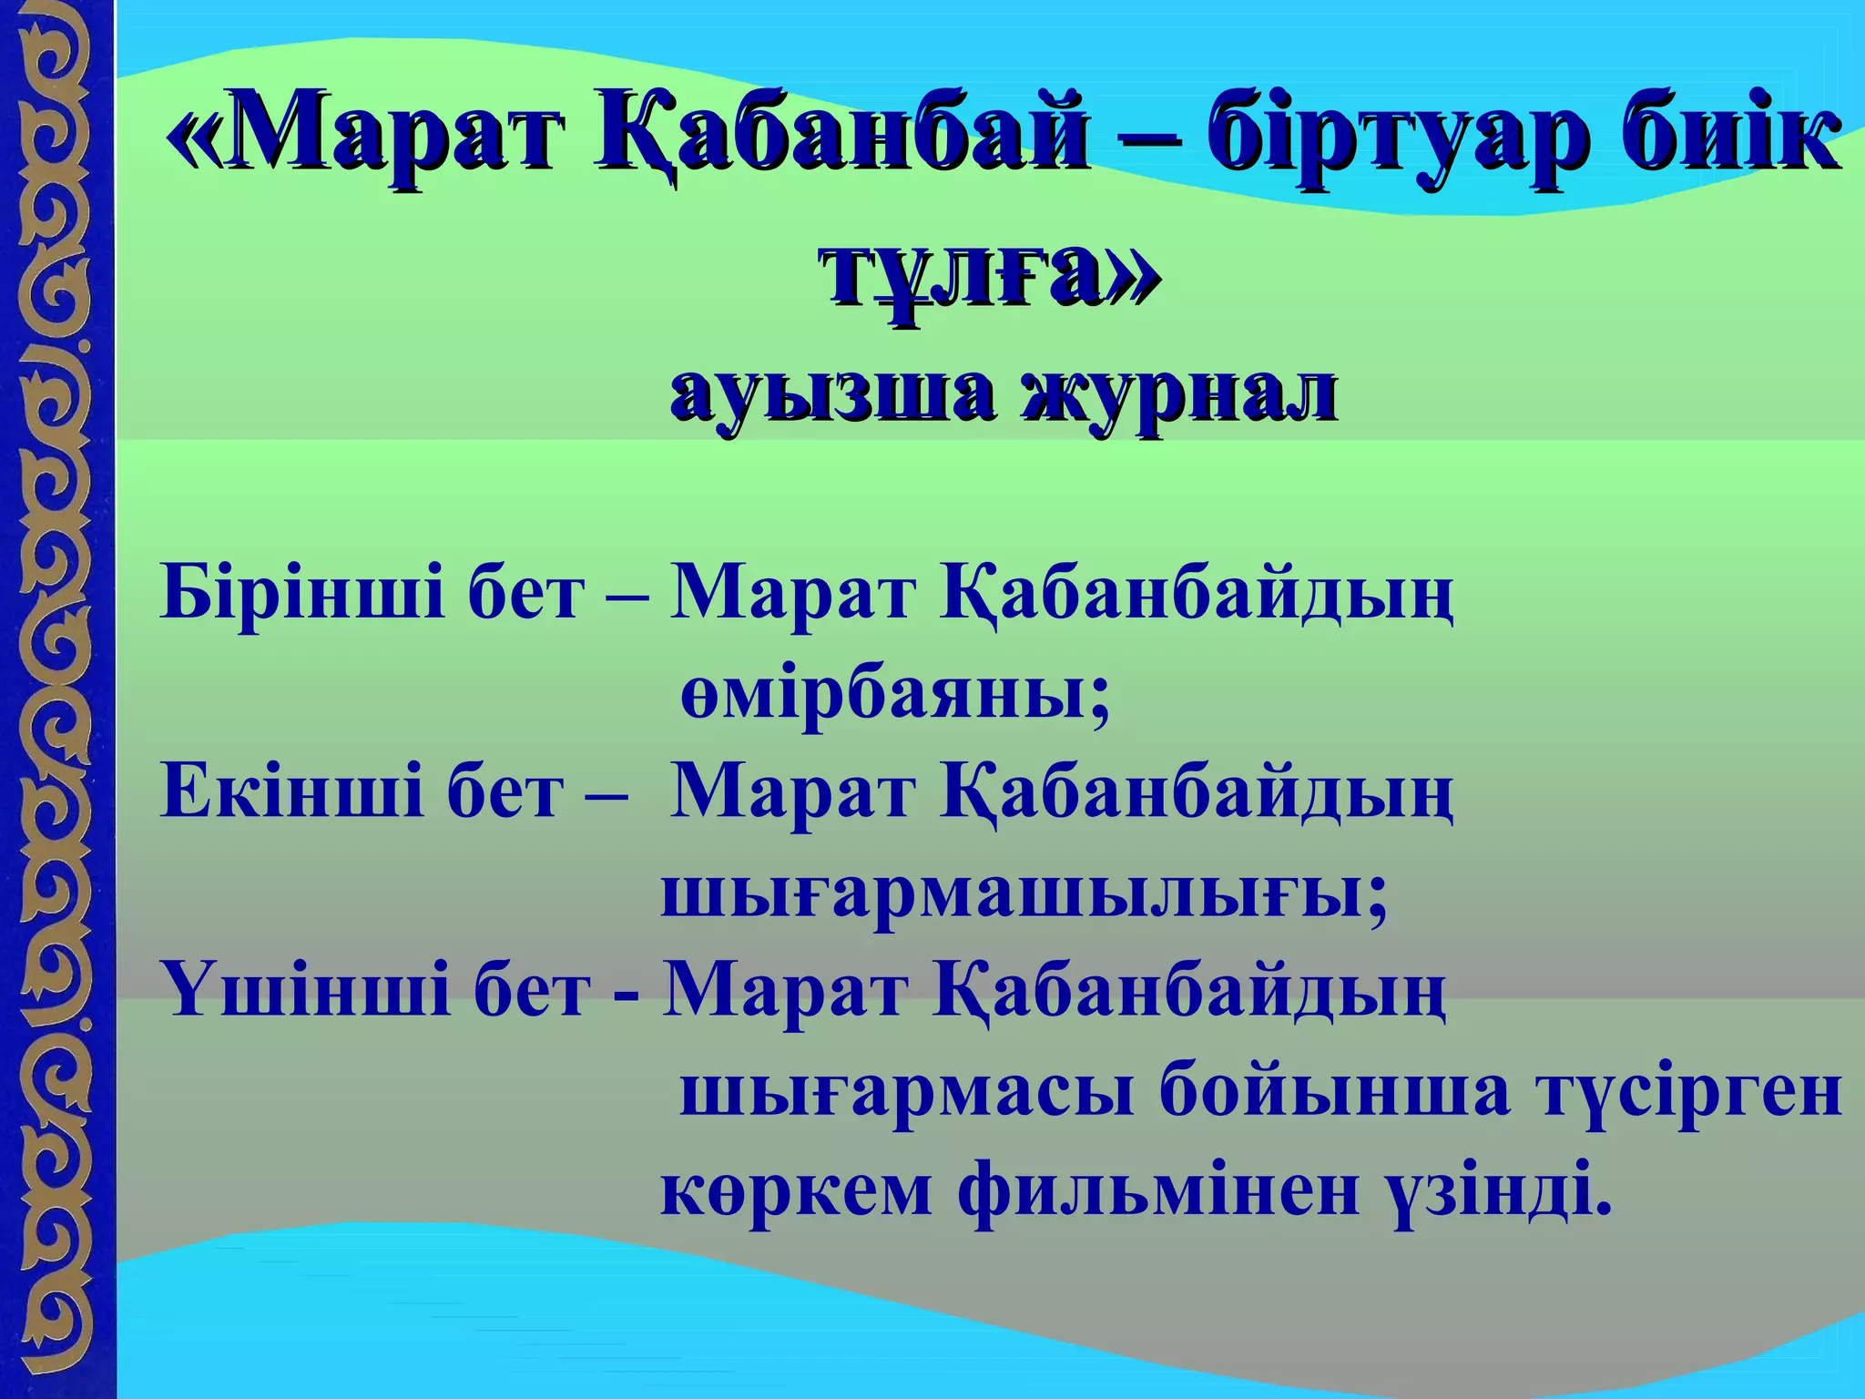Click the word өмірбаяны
895,694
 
